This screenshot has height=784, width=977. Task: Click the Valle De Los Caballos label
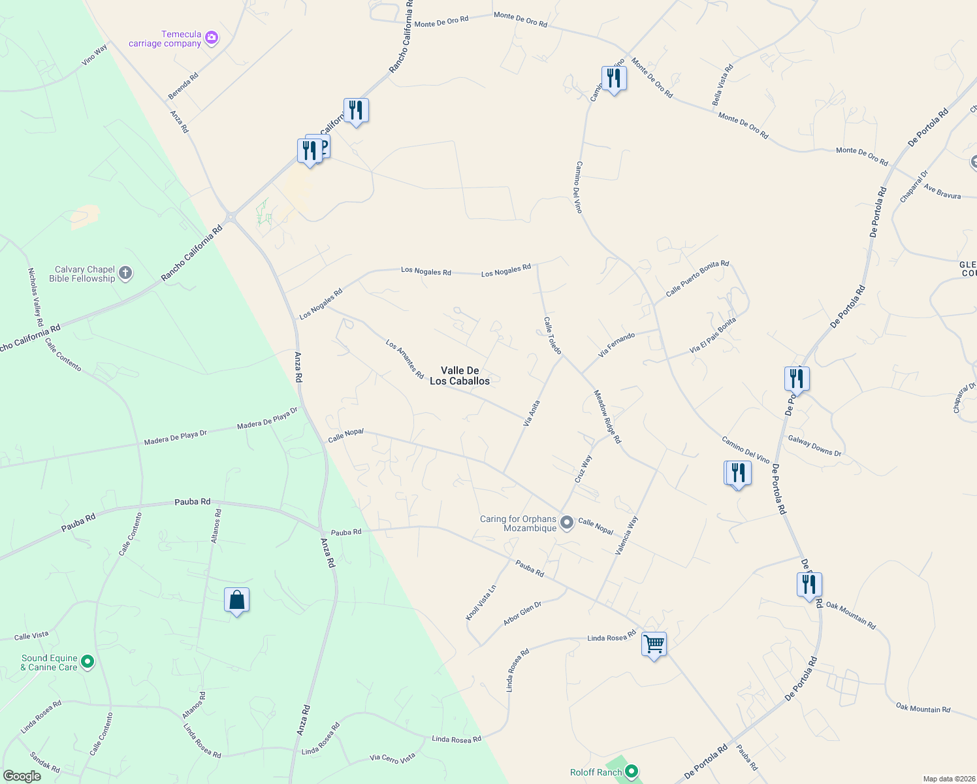pos(460,376)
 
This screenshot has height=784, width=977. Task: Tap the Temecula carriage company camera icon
pos(211,38)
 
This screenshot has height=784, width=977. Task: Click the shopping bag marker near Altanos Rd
pos(236,600)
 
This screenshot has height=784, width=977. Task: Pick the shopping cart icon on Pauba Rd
pos(654,644)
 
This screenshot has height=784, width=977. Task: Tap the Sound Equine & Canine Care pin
pos(87,662)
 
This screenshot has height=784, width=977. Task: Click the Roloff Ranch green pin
pos(631,772)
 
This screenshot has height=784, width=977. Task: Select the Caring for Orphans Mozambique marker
pos(567,523)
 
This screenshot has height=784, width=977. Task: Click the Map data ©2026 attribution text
pos(948,779)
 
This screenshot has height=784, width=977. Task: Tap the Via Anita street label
pos(532,414)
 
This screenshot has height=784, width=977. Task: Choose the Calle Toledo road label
pos(553,335)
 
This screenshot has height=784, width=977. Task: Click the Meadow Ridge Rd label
pos(607,417)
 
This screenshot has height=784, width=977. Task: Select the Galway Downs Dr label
pos(814,446)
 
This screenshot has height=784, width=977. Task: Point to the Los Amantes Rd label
pos(404,359)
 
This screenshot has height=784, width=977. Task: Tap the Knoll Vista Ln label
pos(481,602)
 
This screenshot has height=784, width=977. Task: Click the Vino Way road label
pos(95,56)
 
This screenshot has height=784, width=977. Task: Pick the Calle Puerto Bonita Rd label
pos(697,279)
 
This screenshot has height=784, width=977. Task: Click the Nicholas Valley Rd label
pos(35,297)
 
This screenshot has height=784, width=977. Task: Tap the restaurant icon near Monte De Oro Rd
pos(613,78)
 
